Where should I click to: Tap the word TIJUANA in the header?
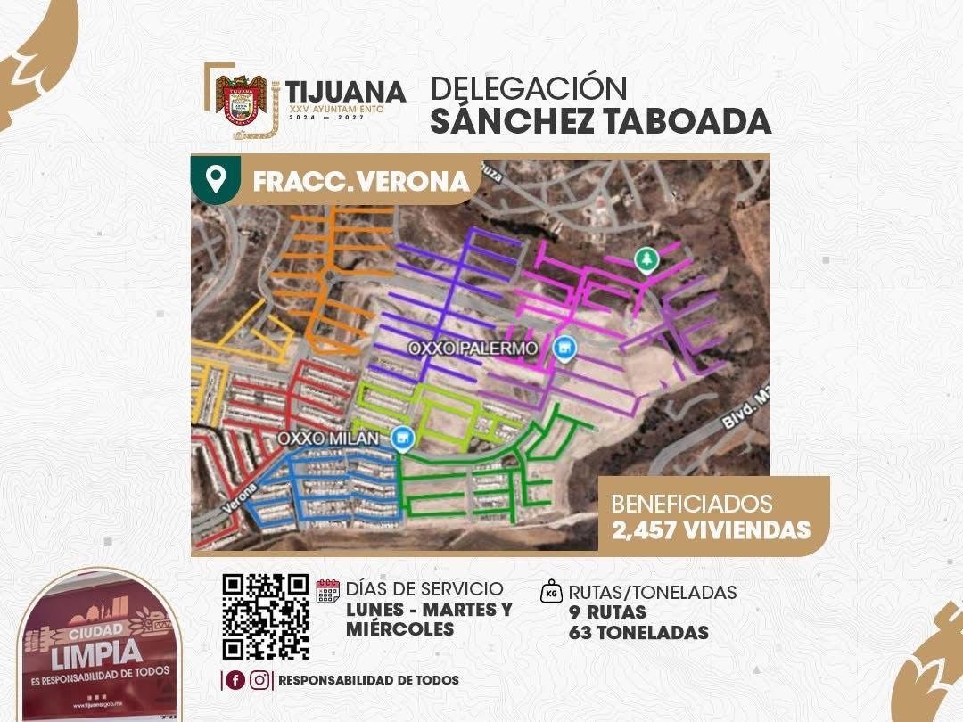tap(345, 91)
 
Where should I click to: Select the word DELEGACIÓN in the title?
tap(529, 88)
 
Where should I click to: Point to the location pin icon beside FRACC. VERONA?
tap(215, 179)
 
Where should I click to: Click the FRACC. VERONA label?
tap(360, 181)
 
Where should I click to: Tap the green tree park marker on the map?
tap(644, 259)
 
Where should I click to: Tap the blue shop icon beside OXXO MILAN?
tap(403, 438)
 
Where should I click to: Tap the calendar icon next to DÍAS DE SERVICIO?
tap(328, 591)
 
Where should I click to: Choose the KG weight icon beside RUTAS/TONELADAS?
tap(552, 592)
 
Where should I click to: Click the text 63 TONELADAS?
tap(638, 633)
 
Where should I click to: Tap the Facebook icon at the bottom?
tap(235, 680)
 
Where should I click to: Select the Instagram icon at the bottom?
tap(259, 680)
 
